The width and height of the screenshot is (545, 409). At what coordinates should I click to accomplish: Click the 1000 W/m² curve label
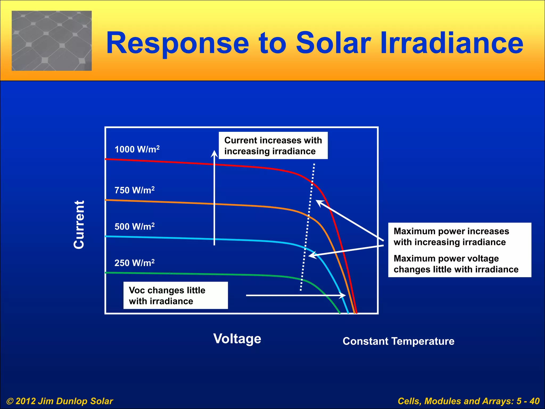tap(137, 149)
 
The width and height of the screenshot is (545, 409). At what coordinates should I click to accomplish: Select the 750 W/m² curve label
tap(134, 190)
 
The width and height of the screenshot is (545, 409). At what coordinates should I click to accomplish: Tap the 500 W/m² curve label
tap(134, 227)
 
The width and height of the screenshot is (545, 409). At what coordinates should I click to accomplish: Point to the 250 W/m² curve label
tap(134, 263)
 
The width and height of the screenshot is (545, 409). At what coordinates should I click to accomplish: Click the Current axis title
tap(79, 225)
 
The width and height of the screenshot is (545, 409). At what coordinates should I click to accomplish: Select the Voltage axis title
tap(237, 339)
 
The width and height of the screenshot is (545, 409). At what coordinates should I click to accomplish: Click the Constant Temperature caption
tap(398, 341)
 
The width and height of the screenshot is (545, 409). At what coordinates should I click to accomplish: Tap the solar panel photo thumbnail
tap(52, 41)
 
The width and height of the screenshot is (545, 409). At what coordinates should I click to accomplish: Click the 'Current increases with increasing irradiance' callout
tap(273, 146)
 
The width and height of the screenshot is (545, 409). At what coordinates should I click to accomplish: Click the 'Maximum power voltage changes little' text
tap(456, 264)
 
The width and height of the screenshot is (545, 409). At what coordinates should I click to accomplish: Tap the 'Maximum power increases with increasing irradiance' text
tap(451, 237)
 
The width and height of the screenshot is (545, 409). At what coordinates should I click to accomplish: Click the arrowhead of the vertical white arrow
tap(214, 154)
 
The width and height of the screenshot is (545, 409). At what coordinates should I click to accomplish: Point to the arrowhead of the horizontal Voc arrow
tap(343, 295)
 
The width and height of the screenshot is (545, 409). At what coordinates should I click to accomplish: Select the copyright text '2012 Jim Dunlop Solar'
tap(60, 401)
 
